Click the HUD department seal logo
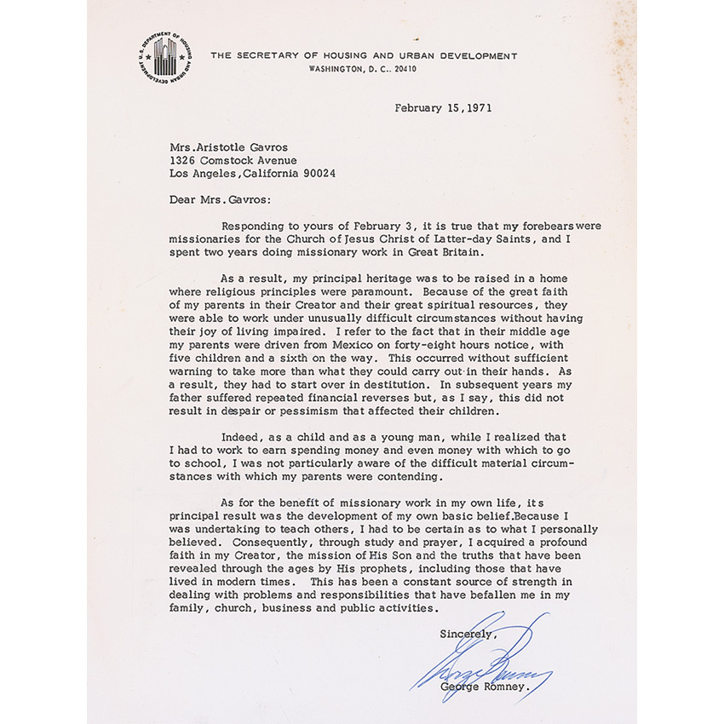(164, 57)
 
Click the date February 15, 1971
(443, 108)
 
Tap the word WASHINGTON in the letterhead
(336, 68)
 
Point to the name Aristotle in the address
(227, 146)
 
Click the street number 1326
(182, 159)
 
